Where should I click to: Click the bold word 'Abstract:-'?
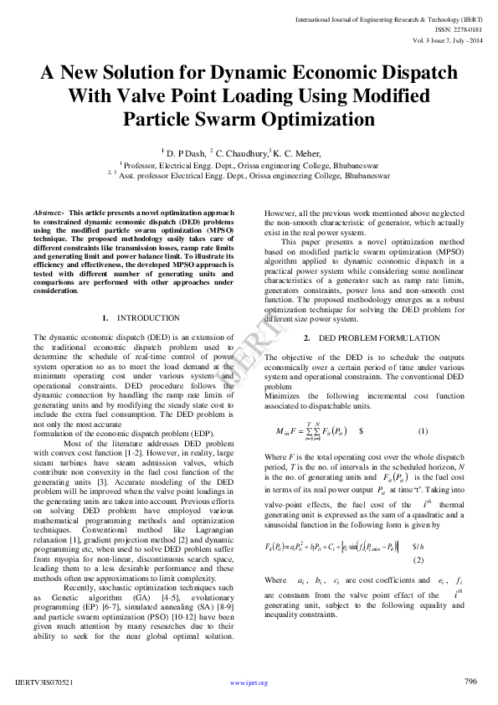[x=49, y=214]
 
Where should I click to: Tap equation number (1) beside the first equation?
[x=423, y=431]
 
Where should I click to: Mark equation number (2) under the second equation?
[x=418, y=558]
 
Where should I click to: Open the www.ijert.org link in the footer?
[x=249, y=682]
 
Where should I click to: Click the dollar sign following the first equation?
[x=361, y=431]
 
